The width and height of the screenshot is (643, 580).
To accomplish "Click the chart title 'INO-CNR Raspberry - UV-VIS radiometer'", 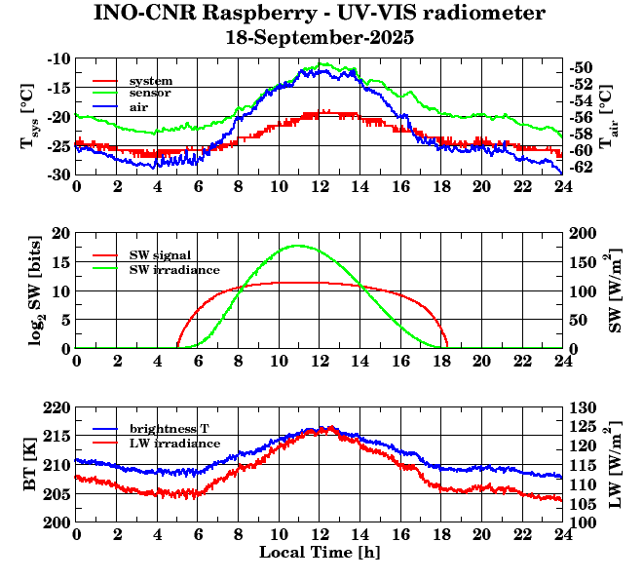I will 320,14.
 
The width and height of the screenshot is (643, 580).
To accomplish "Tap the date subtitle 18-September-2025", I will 320,38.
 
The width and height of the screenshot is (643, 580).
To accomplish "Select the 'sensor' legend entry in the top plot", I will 150,93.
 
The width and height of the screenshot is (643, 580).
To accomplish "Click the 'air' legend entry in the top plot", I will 139,106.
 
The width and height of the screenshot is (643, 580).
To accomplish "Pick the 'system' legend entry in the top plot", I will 151,80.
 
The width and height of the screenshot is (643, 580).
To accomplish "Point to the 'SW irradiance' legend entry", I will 173,268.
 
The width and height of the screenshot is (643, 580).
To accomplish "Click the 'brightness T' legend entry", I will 170,429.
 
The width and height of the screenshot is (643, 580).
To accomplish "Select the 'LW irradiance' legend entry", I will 173,443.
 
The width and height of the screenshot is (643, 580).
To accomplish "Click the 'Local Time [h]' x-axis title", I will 320,553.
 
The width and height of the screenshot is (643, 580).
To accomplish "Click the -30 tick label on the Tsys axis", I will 57,174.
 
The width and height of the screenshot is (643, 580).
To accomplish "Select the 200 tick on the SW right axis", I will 584,234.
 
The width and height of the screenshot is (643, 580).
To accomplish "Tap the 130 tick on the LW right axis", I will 584,407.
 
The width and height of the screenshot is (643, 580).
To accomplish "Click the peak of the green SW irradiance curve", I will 298,246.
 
